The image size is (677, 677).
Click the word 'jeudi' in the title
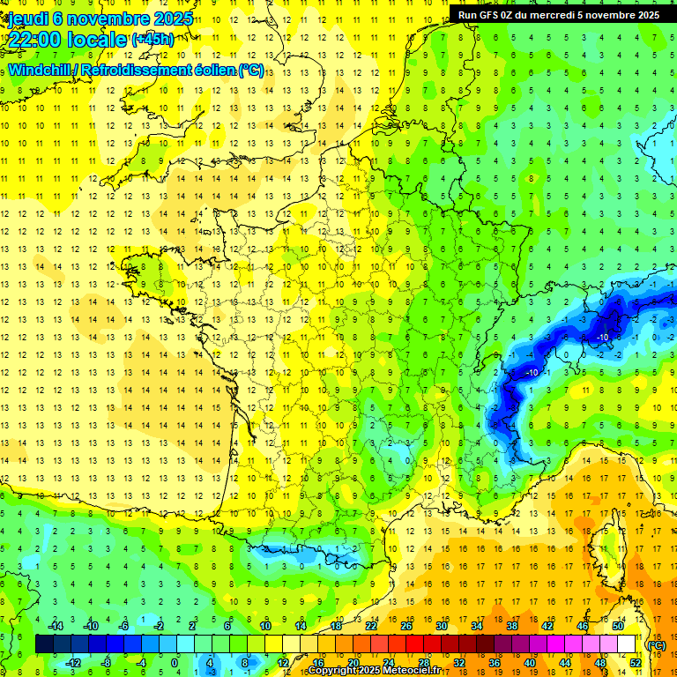click(28, 18)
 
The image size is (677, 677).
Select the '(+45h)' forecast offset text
click(153, 39)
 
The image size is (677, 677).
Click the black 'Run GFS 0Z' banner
click(562, 14)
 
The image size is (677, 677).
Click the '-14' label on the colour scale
click(56, 626)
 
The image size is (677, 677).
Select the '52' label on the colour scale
click(636, 663)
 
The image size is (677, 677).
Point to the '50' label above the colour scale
click(618, 626)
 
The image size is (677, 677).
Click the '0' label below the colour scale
click(175, 663)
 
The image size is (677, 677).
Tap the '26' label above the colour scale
click(406, 626)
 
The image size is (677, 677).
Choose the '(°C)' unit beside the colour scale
click(656, 644)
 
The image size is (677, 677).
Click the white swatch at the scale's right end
click(626, 644)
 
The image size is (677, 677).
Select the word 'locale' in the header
click(97, 39)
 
